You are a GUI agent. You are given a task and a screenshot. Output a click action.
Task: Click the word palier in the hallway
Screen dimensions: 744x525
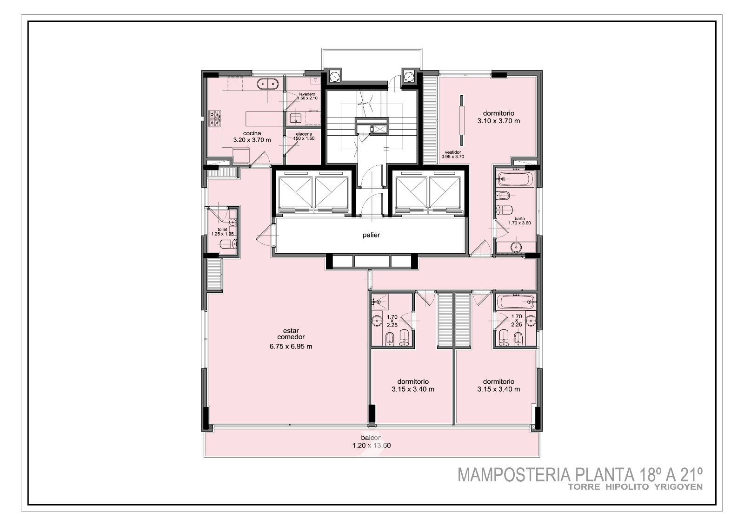click(371, 235)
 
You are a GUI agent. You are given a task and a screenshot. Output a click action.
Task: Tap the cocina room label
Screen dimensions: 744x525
click(252, 133)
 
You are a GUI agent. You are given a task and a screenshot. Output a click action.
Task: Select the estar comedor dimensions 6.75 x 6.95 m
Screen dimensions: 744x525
click(291, 347)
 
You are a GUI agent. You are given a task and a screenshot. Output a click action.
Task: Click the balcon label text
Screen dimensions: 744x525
click(371, 438)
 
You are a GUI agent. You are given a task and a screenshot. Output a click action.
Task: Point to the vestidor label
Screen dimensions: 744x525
click(453, 152)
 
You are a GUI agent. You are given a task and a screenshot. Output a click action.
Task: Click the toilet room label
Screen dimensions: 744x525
click(223, 230)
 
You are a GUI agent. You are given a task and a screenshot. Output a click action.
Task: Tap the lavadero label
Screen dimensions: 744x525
click(307, 94)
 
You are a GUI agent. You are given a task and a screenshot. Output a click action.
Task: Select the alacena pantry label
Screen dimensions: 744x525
click(304, 134)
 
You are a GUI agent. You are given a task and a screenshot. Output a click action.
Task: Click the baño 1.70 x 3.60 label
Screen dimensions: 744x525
click(519, 221)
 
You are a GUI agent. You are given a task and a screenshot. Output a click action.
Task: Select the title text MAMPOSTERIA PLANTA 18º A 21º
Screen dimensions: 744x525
click(580, 475)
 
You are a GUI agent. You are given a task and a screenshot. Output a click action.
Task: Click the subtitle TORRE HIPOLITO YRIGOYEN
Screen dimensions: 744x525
click(635, 487)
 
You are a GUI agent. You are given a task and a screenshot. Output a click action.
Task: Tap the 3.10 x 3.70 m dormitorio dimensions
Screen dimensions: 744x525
click(498, 121)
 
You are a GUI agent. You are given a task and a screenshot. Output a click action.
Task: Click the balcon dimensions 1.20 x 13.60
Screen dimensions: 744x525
click(372, 446)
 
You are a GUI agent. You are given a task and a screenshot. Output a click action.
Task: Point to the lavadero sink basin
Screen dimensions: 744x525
click(295, 118)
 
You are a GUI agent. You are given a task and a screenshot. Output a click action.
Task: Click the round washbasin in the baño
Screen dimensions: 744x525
click(516, 247)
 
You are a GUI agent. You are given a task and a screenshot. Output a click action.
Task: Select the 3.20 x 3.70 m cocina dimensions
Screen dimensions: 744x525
click(252, 140)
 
